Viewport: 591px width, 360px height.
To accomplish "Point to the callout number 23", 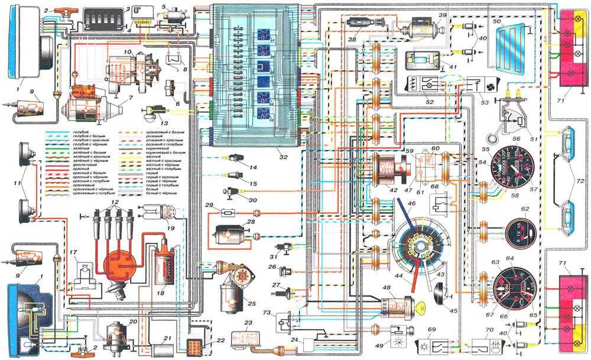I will click(x=248, y=323).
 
